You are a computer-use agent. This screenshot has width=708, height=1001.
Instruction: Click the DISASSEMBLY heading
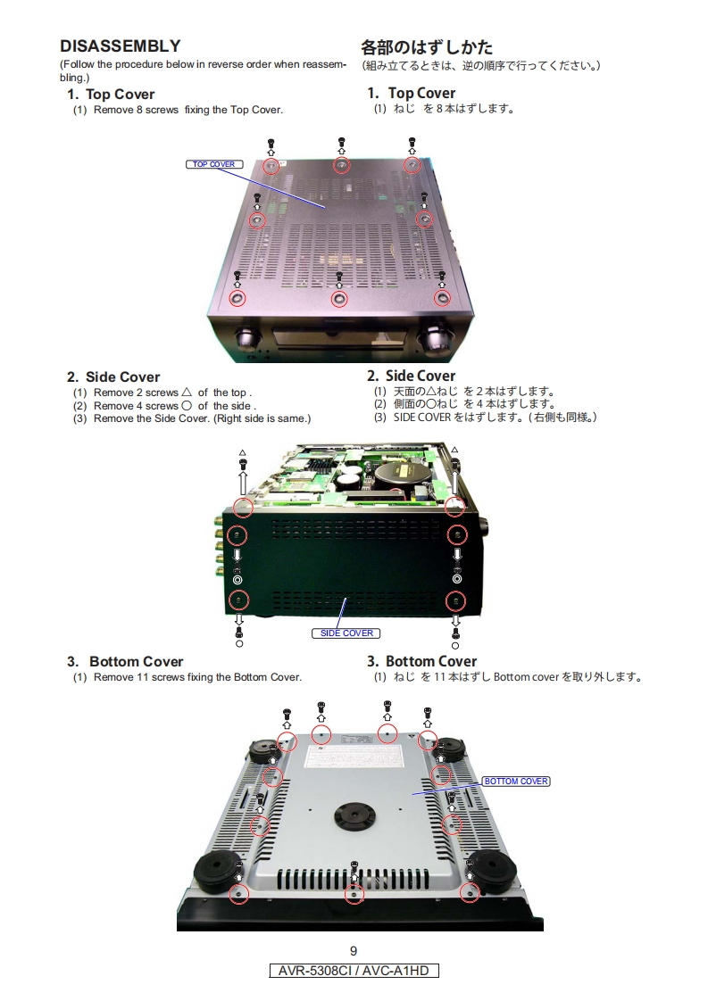[121, 46]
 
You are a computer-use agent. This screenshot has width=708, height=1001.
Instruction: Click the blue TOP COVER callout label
[214, 164]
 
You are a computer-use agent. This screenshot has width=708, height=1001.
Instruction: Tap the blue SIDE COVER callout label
[346, 633]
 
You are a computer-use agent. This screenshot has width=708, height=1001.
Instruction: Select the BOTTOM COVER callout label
[516, 782]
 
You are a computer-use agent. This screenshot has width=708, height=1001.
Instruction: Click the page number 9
[354, 951]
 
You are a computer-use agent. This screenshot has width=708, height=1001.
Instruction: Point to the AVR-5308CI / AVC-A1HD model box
[354, 971]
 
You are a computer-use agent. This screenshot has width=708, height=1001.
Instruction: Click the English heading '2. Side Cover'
[113, 377]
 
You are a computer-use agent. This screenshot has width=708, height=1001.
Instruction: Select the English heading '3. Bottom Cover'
[125, 662]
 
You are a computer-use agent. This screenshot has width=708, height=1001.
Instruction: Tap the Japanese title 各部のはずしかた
[427, 47]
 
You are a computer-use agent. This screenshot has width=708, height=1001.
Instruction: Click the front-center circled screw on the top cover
[339, 298]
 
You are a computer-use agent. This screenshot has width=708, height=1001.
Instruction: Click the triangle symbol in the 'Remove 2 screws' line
[187, 392]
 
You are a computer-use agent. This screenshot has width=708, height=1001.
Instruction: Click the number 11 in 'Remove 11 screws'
[143, 677]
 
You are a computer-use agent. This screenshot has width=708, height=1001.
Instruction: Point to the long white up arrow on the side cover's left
[243, 483]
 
